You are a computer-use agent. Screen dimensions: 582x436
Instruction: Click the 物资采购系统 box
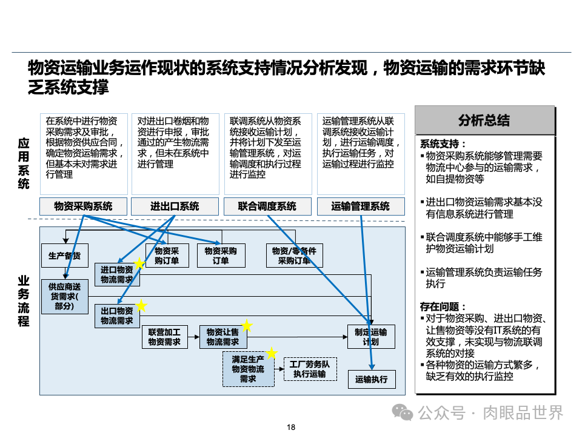(x=84, y=206)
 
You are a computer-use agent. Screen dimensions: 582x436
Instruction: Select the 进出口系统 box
(x=175, y=206)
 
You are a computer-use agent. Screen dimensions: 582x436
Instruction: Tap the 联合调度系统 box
(x=267, y=206)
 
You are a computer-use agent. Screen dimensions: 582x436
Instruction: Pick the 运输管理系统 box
(x=361, y=206)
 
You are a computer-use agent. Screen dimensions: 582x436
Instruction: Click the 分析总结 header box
(x=484, y=120)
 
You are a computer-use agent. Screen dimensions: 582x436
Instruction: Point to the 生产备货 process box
(x=65, y=256)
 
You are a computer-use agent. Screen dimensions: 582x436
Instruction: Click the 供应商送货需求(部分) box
(x=64, y=297)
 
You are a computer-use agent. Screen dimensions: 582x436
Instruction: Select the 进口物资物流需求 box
(x=117, y=275)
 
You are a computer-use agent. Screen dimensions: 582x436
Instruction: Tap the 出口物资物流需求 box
(x=117, y=315)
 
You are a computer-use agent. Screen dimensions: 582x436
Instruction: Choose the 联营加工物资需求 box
(x=164, y=337)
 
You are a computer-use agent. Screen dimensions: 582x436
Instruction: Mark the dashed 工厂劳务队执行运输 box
(x=309, y=369)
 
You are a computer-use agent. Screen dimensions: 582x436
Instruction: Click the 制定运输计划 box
(x=370, y=337)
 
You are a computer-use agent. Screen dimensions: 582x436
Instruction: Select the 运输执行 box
(x=370, y=380)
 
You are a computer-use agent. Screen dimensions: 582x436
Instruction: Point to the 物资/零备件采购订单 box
(x=294, y=256)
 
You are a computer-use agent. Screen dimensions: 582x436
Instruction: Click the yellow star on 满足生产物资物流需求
(x=272, y=352)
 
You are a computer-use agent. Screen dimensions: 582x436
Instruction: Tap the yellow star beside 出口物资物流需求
(x=141, y=305)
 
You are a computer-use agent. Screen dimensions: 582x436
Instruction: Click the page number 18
(x=291, y=428)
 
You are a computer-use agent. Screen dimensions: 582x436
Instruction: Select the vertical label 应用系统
(x=24, y=163)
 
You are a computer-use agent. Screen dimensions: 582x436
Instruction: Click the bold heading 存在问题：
(x=444, y=307)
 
